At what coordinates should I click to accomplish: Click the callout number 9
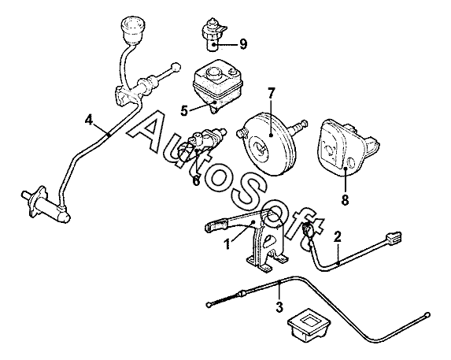point(243,44)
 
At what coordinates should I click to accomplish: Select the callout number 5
point(184,110)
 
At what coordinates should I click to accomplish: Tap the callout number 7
point(272,93)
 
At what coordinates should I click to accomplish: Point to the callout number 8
point(345,200)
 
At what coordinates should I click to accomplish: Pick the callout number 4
point(89,120)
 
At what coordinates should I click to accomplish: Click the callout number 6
point(196,180)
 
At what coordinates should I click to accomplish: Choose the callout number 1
point(227,245)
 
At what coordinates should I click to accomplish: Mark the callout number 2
point(338,236)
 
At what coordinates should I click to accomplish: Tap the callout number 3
point(279,306)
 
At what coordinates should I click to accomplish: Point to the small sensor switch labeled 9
point(214,35)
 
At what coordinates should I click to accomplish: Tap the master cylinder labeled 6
point(201,144)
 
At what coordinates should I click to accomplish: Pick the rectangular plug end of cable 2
point(394,238)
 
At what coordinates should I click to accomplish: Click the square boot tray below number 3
point(309,325)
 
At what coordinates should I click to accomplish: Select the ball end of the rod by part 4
point(176,67)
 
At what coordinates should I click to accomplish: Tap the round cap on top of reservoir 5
point(214,72)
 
